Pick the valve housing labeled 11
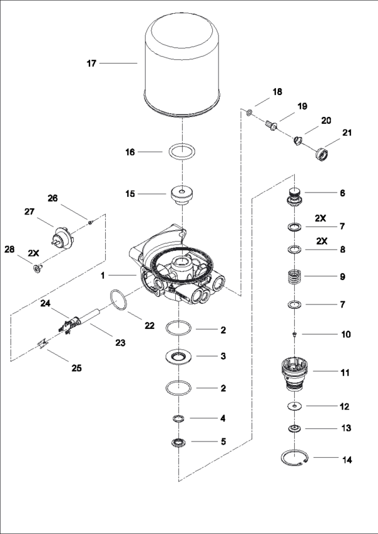click(x=295, y=372)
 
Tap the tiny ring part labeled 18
click(x=249, y=113)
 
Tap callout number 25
click(x=76, y=367)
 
